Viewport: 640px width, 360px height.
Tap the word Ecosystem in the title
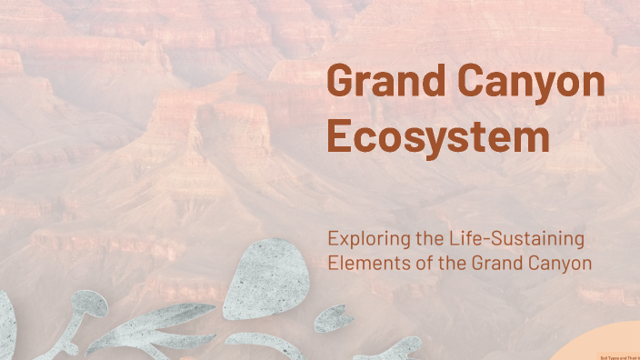(x=438, y=138)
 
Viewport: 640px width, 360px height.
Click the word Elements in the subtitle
(x=361, y=264)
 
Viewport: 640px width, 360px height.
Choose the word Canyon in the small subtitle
(x=559, y=265)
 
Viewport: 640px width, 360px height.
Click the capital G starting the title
(x=342, y=82)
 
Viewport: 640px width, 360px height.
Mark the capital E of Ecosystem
(x=339, y=137)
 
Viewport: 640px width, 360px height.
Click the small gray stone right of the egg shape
(x=335, y=317)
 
